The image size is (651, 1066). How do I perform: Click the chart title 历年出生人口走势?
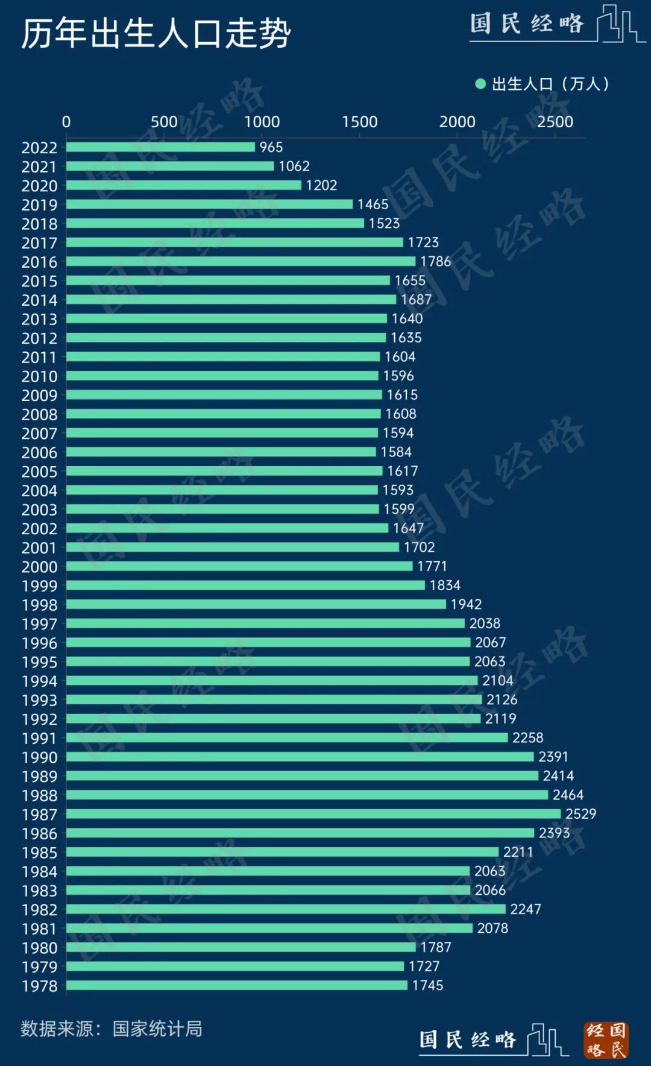[x=156, y=34]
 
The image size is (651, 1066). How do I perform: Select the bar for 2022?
[x=160, y=147]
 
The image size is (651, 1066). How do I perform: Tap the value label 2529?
[x=580, y=814]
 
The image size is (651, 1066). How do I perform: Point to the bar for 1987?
[x=313, y=814]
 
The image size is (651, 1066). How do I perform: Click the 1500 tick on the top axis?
[x=359, y=122]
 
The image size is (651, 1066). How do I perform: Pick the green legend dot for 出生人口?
[x=480, y=84]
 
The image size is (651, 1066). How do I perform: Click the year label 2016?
[x=39, y=262]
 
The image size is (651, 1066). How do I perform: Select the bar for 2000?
[x=239, y=566]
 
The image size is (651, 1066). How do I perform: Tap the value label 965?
[x=271, y=147]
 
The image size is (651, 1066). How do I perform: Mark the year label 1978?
[x=39, y=986]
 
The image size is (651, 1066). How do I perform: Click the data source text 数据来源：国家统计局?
[x=112, y=1029]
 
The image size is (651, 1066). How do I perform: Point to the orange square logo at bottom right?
[x=606, y=1040]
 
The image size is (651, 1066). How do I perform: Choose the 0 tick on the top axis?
[x=66, y=122]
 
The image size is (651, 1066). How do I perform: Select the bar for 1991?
[x=287, y=737]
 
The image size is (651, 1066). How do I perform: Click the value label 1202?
[x=321, y=185]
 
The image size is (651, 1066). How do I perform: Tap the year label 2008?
[x=39, y=415]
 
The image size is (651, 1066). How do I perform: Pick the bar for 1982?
[x=286, y=909]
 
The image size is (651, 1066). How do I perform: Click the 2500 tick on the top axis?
[x=555, y=122]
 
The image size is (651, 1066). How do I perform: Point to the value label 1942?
[x=466, y=604]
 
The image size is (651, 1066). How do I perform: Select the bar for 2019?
[x=209, y=204]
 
